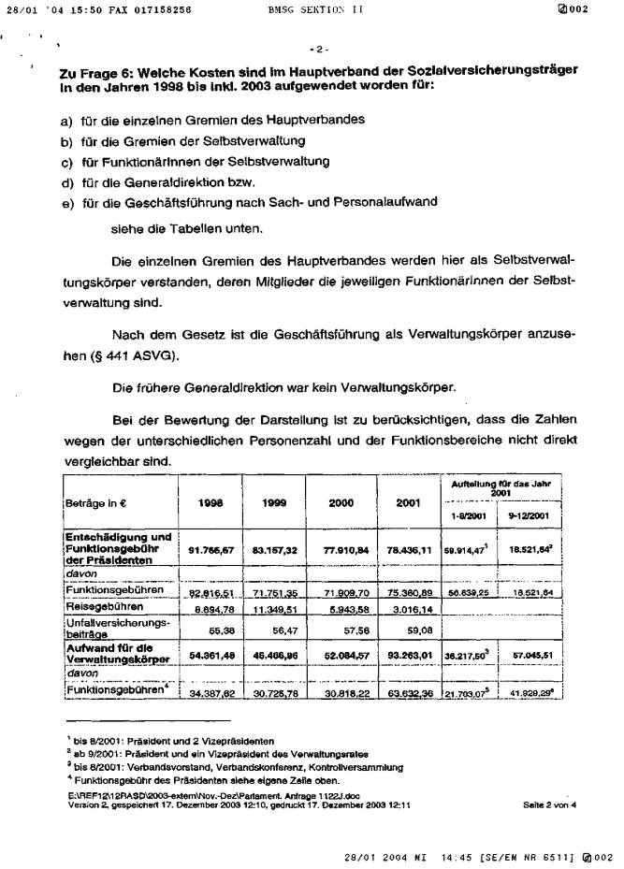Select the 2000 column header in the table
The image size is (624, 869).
pyautogui.click(x=341, y=502)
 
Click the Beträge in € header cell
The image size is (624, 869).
pyautogui.click(x=96, y=502)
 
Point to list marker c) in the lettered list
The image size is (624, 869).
pyautogui.click(x=66, y=161)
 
